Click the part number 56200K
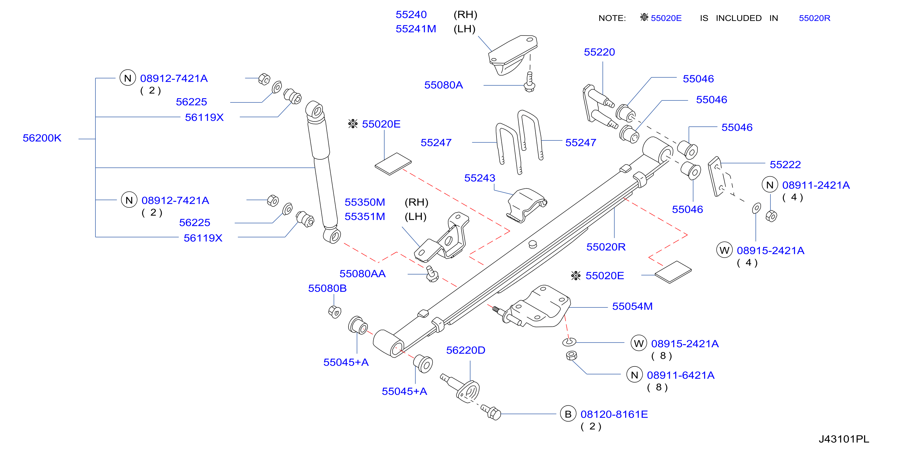click(x=42, y=138)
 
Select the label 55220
click(x=600, y=52)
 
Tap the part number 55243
click(x=480, y=178)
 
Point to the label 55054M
click(x=633, y=306)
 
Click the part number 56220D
click(x=466, y=350)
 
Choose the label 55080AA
click(x=363, y=274)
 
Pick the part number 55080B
click(x=327, y=288)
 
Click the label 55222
click(x=785, y=164)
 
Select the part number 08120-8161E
click(x=614, y=414)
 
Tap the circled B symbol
click(x=568, y=414)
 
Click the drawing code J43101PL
click(x=844, y=439)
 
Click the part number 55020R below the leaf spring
click(x=606, y=247)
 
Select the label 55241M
click(x=416, y=29)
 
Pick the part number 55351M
click(x=365, y=216)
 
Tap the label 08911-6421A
click(x=681, y=375)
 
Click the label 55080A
click(x=444, y=85)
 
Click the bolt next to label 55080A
click(x=529, y=82)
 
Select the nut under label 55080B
click(x=335, y=311)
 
